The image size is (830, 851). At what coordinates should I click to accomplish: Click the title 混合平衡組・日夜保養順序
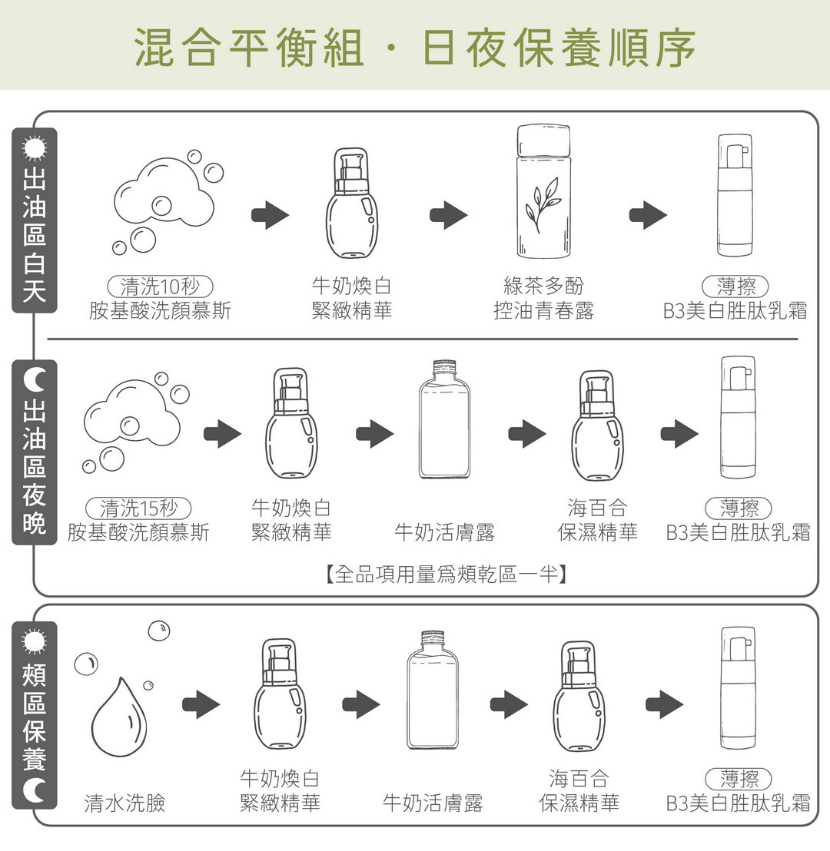click(415, 45)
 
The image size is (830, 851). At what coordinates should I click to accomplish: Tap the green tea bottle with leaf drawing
click(543, 191)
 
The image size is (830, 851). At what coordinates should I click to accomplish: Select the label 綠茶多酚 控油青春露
click(543, 298)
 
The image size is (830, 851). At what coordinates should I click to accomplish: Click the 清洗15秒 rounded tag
click(138, 508)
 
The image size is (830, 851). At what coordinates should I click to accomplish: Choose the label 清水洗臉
click(124, 803)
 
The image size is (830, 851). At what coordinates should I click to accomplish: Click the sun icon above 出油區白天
click(35, 147)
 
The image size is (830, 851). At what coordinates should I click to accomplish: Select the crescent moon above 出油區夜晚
click(35, 379)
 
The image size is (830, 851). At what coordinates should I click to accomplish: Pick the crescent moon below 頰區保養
click(35, 789)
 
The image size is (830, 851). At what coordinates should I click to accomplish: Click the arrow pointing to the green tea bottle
click(449, 215)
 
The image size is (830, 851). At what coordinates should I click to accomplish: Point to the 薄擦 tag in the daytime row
click(735, 286)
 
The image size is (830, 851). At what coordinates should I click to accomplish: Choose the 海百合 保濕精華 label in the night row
click(597, 520)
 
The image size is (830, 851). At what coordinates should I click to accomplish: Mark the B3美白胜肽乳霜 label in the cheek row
click(738, 803)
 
